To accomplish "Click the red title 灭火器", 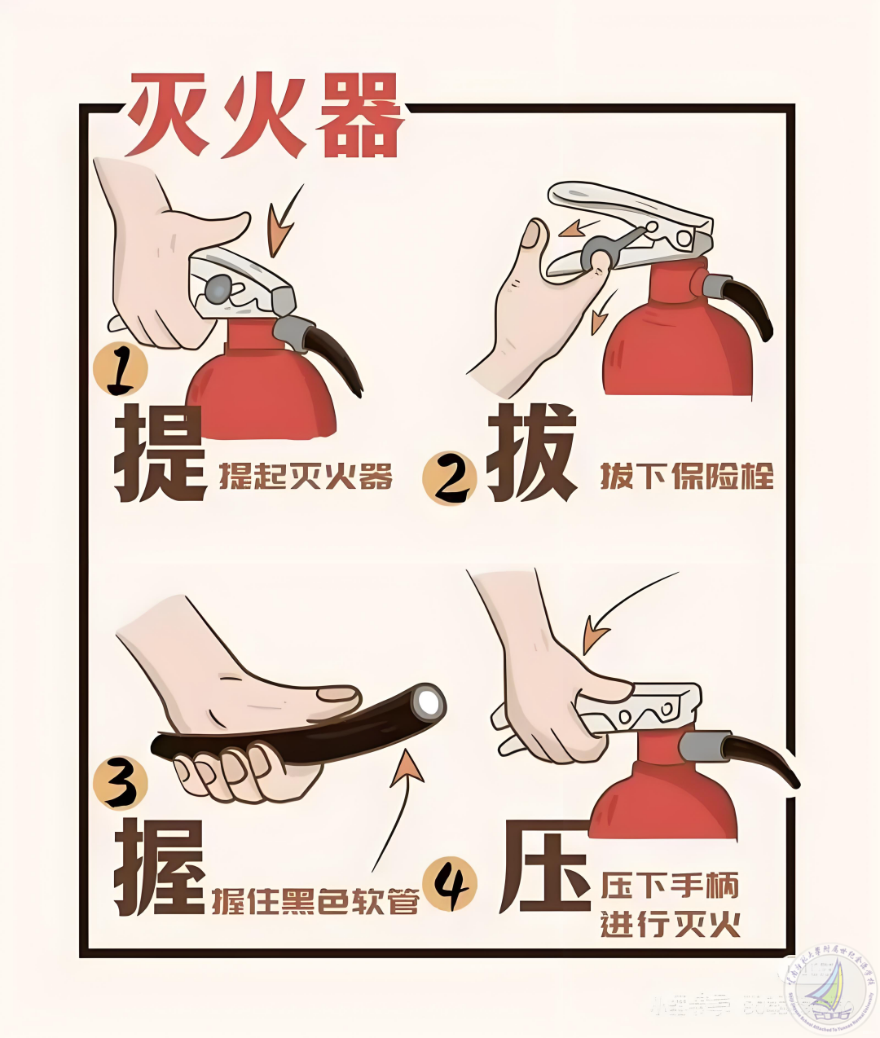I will pos(265,117).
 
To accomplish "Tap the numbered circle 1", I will pos(121,372).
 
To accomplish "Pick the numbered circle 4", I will pos(451,885).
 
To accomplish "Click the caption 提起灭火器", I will pos(306,477).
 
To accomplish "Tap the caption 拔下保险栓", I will pos(686,475).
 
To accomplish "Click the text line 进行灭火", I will pos(670,925).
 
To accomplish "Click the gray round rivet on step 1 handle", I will pos(218,288).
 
